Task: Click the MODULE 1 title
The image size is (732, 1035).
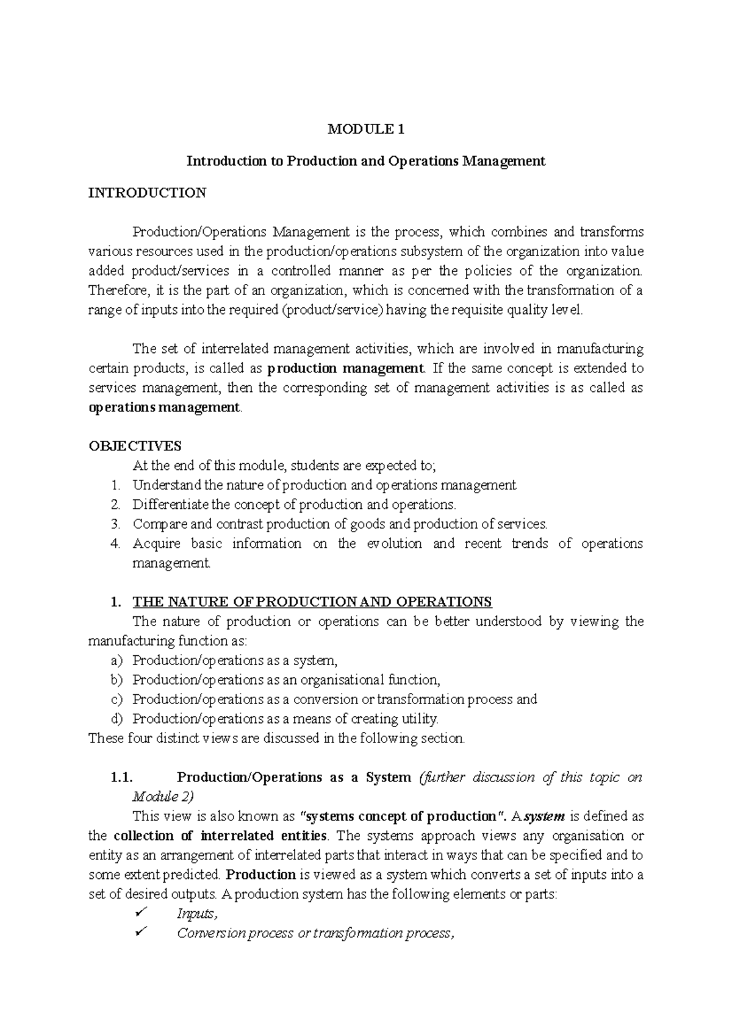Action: coord(366,129)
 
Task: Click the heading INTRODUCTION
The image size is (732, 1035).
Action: coord(147,193)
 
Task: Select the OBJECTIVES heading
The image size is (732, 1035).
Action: coord(135,446)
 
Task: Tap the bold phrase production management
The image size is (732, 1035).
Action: coord(345,369)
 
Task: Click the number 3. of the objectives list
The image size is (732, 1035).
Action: coord(116,524)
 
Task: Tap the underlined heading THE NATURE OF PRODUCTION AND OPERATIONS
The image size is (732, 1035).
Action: coord(312,602)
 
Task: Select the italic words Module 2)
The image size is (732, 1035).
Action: coord(163,797)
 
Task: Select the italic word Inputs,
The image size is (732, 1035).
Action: coord(197,914)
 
